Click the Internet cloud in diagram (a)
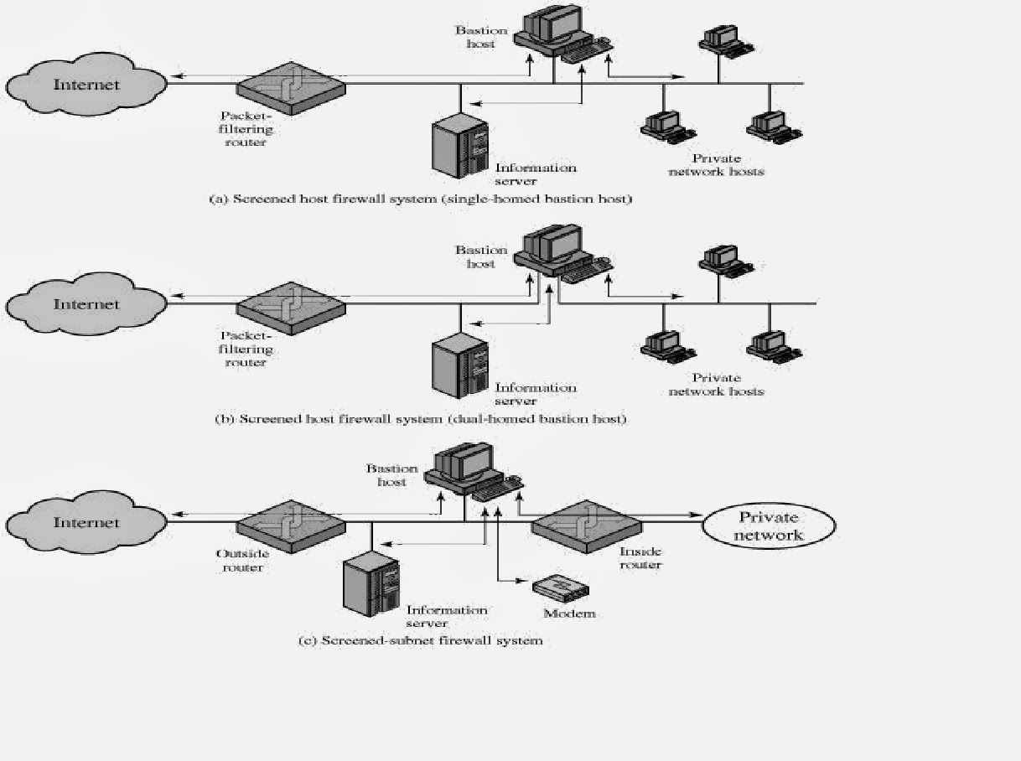tap(86, 85)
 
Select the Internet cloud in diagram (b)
tap(86, 304)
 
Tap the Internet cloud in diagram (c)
tap(86, 523)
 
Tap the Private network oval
tap(769, 526)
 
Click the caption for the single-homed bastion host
tap(420, 199)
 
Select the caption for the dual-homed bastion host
tap(421, 418)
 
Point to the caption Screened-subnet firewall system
tap(421, 640)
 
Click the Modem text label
tap(569, 613)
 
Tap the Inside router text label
tap(640, 558)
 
